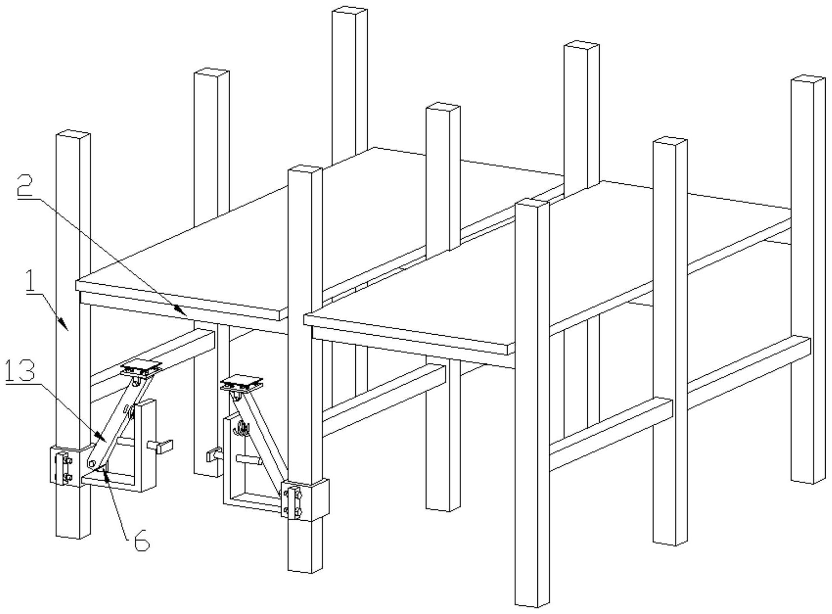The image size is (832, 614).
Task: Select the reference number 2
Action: (25, 186)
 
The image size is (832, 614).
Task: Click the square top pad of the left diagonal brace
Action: (141, 369)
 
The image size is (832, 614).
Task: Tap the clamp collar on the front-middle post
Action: (305, 499)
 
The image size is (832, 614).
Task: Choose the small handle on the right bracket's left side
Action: (214, 455)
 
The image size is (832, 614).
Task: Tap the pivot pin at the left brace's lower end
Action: (92, 464)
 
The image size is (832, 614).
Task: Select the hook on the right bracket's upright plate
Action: (243, 428)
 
